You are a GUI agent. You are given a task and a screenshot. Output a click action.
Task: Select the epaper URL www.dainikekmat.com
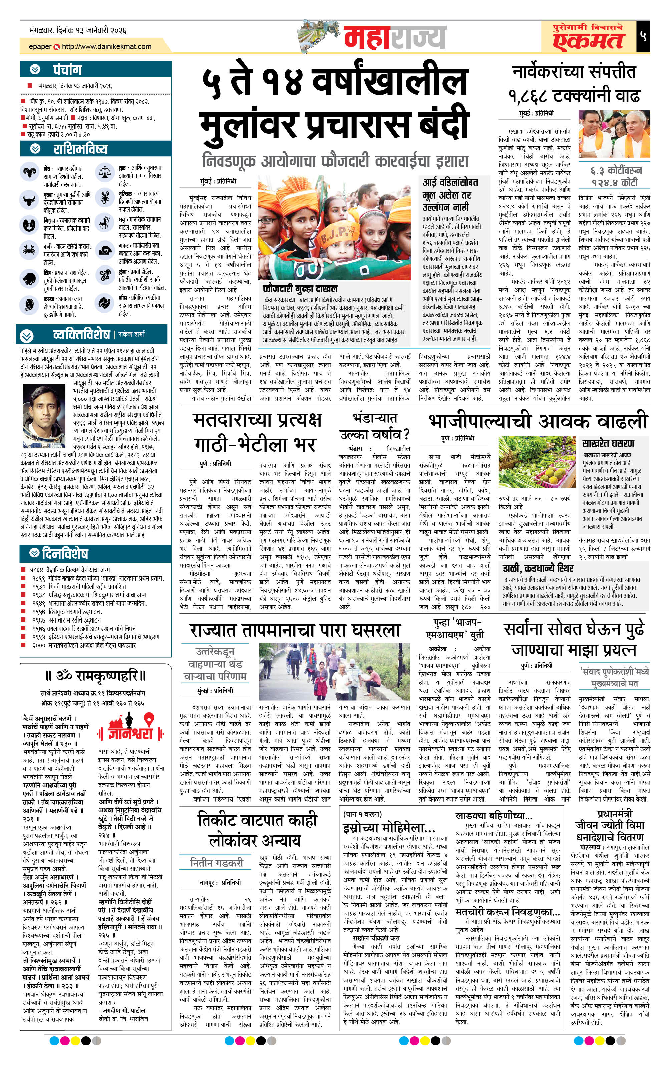pyautogui.click(x=106, y=46)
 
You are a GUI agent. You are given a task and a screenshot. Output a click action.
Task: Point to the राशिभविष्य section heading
pyautogui.click(x=80, y=149)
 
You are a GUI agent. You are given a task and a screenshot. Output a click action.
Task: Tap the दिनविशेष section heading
pyautogui.click(x=65, y=553)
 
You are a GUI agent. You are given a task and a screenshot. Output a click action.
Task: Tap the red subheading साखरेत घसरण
pyautogui.click(x=608, y=443)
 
